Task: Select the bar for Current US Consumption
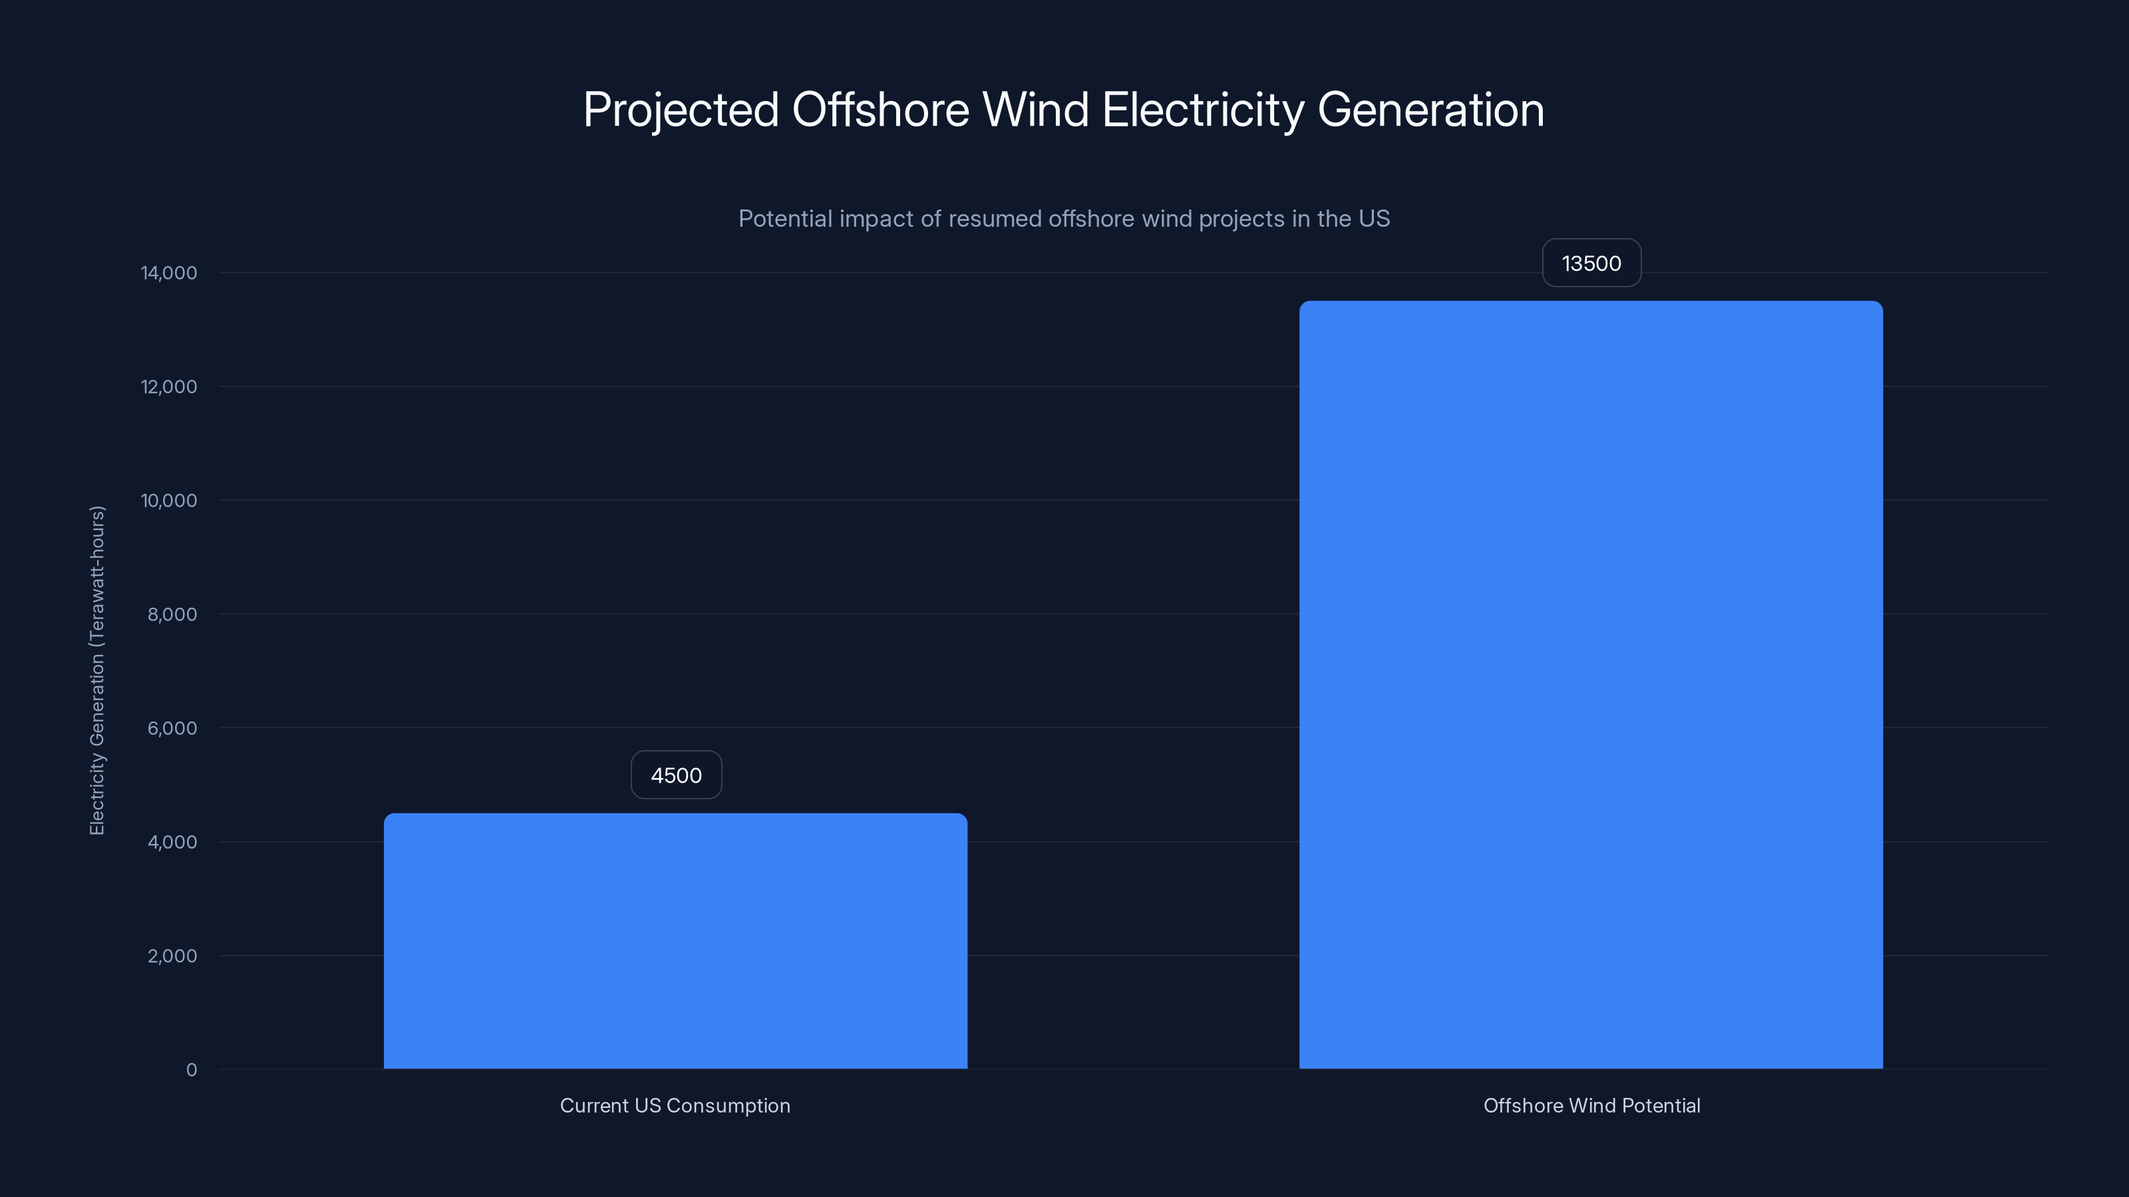(x=675, y=941)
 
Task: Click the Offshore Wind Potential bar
(x=1591, y=685)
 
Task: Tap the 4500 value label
(x=676, y=775)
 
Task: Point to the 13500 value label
(x=1591, y=263)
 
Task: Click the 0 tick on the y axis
(x=192, y=1070)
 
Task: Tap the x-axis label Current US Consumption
(x=675, y=1105)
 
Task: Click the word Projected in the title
(x=680, y=110)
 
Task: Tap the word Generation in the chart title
(x=1430, y=110)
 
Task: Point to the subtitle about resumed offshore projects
(x=1064, y=219)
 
